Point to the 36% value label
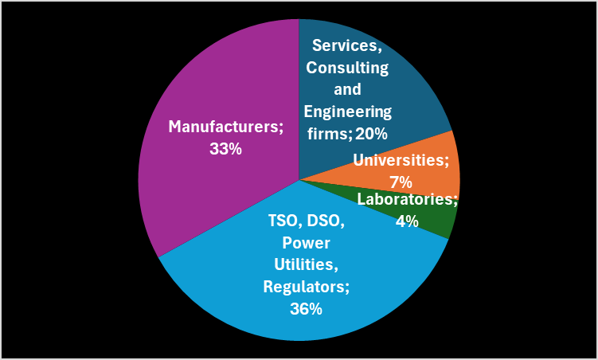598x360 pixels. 306,308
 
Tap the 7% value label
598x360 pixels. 401,181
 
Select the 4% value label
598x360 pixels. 407,221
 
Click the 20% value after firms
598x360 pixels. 371,133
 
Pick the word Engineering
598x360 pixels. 347,111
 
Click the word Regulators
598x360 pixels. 306,286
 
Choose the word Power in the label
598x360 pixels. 307,242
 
